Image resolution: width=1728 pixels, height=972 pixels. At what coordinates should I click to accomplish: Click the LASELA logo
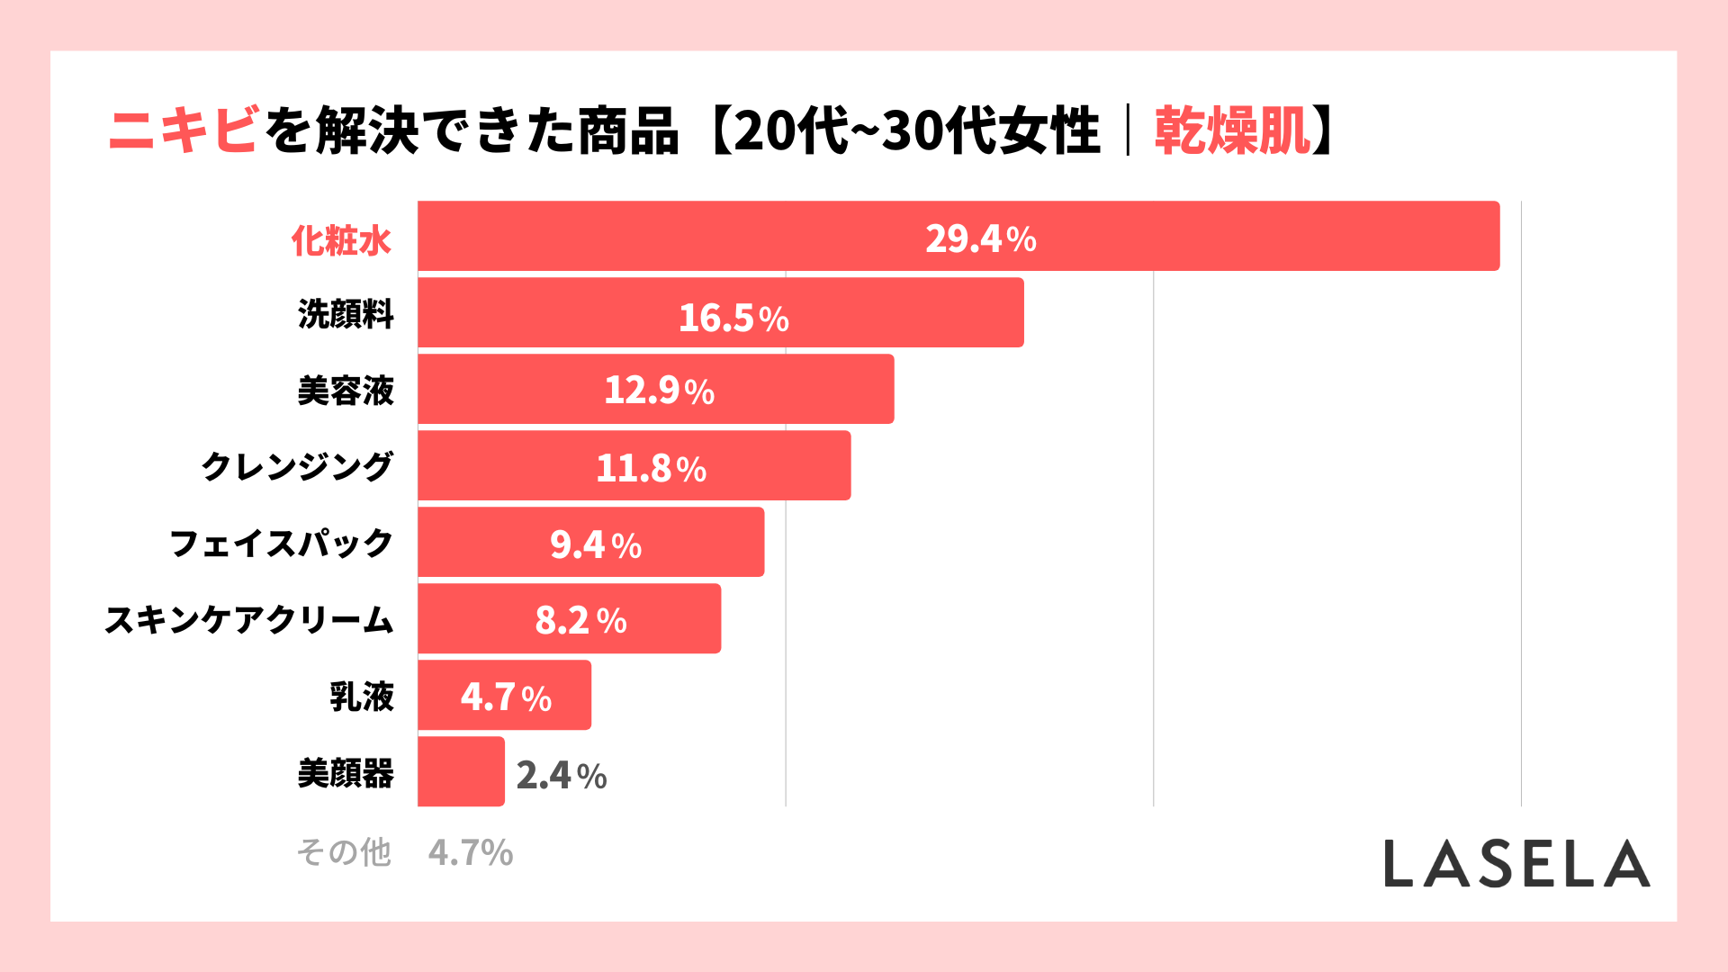click(x=1516, y=864)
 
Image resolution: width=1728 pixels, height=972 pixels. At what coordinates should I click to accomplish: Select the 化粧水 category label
click(x=341, y=240)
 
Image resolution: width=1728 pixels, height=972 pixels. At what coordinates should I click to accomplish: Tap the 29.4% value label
click(x=980, y=238)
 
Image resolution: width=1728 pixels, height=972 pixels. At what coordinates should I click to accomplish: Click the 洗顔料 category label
click(x=346, y=314)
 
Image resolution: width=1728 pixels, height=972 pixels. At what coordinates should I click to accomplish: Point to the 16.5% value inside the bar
click(x=733, y=318)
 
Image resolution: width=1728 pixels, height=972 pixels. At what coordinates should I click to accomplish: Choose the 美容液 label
click(x=346, y=391)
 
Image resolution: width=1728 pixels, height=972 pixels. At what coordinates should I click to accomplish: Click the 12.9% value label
click(x=659, y=391)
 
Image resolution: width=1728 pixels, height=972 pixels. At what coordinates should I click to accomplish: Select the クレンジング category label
click(x=297, y=466)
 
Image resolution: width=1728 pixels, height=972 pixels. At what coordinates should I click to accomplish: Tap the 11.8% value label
click(x=651, y=468)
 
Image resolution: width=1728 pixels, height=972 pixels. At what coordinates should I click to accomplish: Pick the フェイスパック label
click(x=282, y=544)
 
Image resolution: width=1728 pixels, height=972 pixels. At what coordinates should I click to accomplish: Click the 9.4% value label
click(x=596, y=544)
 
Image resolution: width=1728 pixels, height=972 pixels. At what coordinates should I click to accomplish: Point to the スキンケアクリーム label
click(x=249, y=620)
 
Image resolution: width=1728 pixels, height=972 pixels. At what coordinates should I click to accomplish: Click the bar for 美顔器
click(x=461, y=772)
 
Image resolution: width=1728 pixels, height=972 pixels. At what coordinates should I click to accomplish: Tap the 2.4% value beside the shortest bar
click(x=562, y=775)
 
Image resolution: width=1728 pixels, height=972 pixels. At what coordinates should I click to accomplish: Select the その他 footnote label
click(x=344, y=851)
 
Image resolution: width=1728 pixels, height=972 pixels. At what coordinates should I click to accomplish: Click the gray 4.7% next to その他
click(x=470, y=852)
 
